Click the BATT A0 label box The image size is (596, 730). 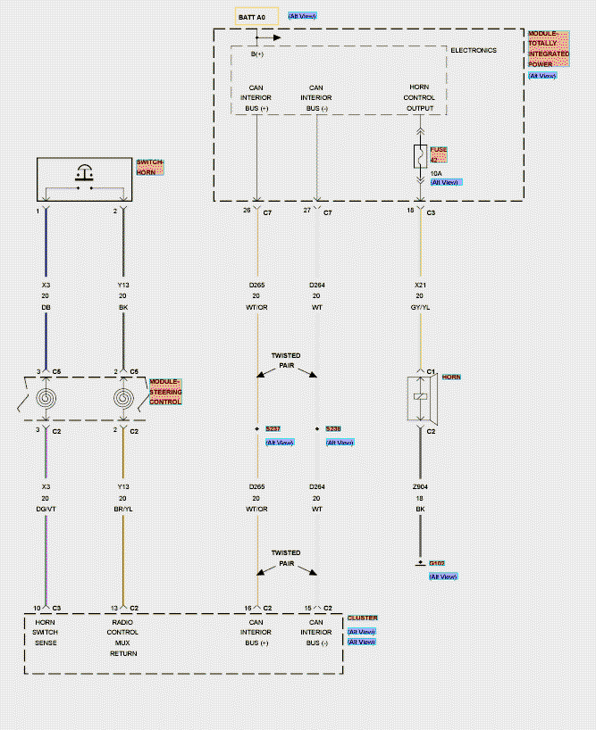(252, 17)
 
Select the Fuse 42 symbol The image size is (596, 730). (419, 157)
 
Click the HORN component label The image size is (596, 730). (451, 377)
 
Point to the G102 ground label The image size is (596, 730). (436, 564)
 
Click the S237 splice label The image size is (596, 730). (273, 429)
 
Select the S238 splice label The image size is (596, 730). (333, 429)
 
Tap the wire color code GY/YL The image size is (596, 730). (420, 306)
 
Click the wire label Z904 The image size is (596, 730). (420, 487)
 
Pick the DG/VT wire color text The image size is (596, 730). (46, 509)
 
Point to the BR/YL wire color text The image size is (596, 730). (122, 509)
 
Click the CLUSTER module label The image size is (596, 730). (362, 618)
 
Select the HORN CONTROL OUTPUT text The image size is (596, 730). (420, 98)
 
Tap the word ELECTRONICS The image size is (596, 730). (473, 51)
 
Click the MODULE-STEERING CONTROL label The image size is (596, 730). (165, 391)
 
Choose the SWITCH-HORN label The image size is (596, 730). (150, 166)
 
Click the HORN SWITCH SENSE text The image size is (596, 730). (46, 632)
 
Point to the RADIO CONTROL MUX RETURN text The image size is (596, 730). (122, 637)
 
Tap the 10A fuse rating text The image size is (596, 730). (436, 172)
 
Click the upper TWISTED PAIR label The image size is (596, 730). (286, 360)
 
